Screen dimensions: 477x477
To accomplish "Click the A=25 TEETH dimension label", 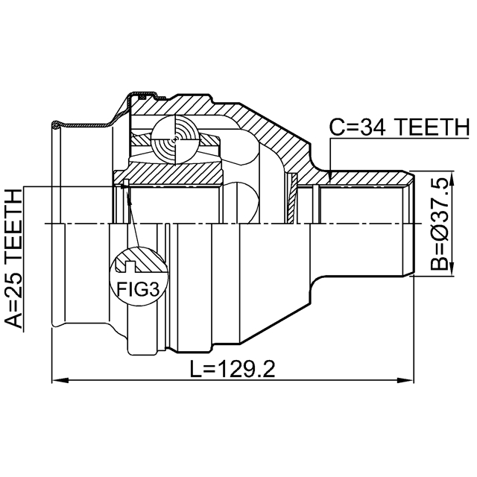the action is (x=14, y=259).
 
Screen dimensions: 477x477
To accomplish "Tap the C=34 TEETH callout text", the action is (x=399, y=127).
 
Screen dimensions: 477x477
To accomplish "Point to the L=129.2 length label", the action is (x=232, y=369).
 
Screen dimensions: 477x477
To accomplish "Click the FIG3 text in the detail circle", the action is (x=138, y=289).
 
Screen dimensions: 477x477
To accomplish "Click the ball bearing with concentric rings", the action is (x=176, y=140).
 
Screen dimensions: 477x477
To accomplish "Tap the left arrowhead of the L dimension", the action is (x=60, y=380).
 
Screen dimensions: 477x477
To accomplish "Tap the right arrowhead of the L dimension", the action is (x=405, y=380).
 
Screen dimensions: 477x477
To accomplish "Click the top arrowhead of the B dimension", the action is (x=452, y=179).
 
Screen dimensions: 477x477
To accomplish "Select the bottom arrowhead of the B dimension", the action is (x=452, y=268).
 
